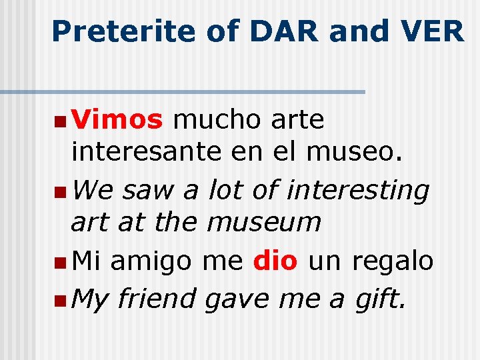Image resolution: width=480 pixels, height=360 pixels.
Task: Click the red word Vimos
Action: [117, 120]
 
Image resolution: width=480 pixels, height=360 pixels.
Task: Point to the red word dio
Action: [275, 259]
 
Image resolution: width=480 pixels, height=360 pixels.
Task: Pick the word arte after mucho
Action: [298, 120]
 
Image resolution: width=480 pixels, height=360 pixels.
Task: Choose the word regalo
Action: [393, 261]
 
